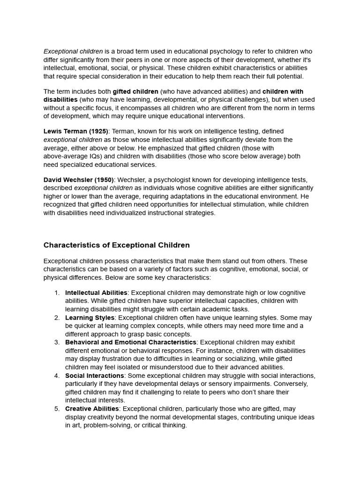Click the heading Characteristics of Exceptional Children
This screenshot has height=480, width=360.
tap(117, 245)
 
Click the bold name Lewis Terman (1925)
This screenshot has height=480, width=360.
tap(75, 131)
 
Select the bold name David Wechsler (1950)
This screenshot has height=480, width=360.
tap(78, 180)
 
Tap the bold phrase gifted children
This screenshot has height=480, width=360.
tap(135, 91)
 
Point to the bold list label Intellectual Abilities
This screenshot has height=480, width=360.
tap(96, 292)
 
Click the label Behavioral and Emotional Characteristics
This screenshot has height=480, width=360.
tap(131, 342)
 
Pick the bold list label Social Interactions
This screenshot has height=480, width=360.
tap(94, 375)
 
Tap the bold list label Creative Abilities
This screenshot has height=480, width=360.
tap(92, 409)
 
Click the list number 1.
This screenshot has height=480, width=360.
tap(57, 292)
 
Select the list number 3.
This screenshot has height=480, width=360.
tap(57, 342)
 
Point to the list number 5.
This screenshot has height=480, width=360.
tap(57, 409)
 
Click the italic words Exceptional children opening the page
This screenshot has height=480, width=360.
tap(73, 52)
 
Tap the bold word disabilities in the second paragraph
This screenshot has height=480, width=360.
tap(60, 100)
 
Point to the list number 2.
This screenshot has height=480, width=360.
tap(57, 317)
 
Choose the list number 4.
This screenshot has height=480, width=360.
tap(57, 375)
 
